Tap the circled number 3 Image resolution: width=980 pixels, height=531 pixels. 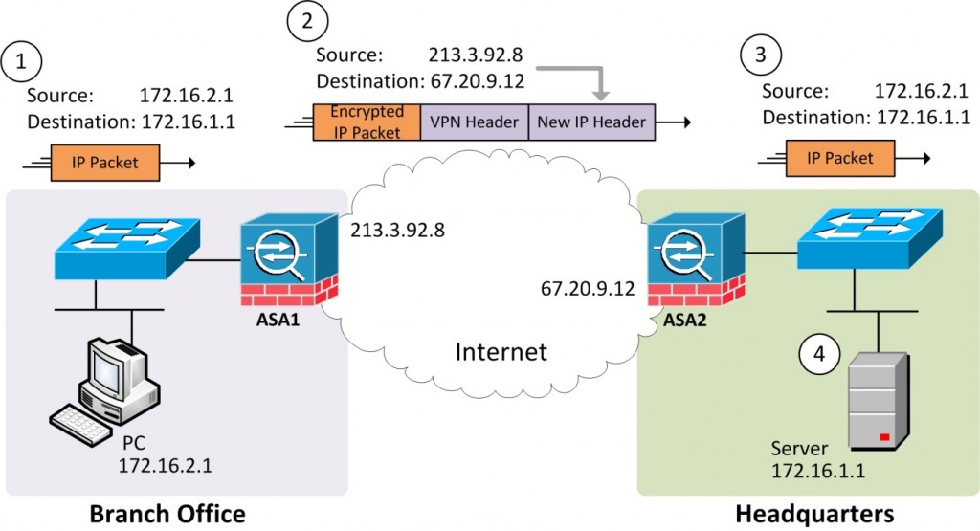point(759,56)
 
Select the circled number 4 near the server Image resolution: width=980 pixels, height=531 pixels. point(818,353)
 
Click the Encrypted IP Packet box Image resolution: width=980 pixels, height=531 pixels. point(367,122)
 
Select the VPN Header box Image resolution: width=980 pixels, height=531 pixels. point(474,122)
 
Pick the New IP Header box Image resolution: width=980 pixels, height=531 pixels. point(591,122)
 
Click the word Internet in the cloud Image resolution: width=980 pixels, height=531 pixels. point(501,351)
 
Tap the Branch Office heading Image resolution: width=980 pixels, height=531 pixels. point(167,514)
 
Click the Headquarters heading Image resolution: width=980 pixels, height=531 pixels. point(814,514)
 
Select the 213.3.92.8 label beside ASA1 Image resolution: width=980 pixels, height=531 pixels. point(397,231)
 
